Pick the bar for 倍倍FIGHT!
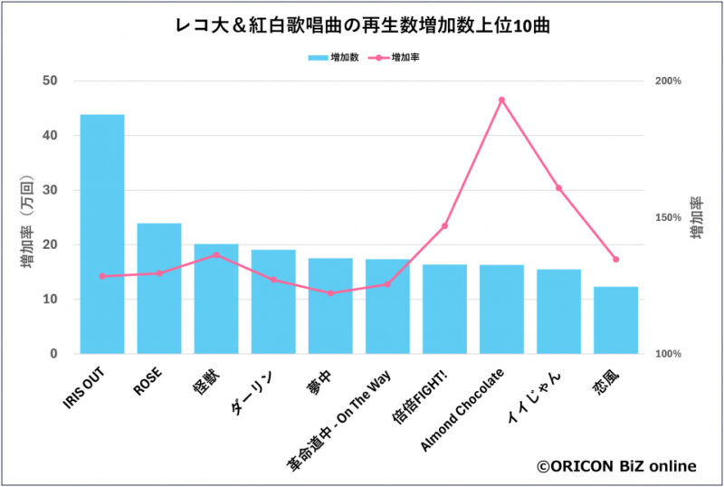[x=444, y=309]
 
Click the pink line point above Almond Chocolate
[x=501, y=100]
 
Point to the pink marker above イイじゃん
[x=558, y=188]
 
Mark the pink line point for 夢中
[x=330, y=293]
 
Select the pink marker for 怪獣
[x=216, y=255]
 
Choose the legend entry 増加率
[x=398, y=57]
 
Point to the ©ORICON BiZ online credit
[x=616, y=466]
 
